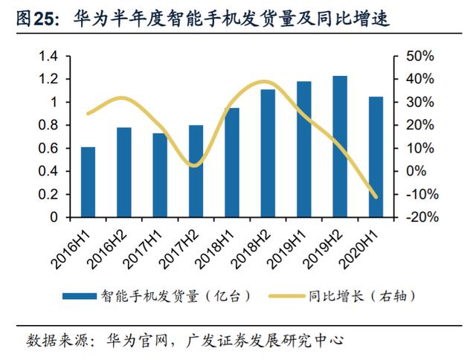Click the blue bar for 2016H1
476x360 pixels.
(x=88, y=182)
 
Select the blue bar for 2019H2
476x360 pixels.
(x=340, y=147)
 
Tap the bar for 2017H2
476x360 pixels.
(x=196, y=171)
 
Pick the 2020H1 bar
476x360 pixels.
(x=376, y=157)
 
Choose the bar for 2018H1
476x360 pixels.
(x=232, y=163)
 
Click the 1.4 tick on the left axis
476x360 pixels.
(x=48, y=56)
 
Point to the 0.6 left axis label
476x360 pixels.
(x=48, y=149)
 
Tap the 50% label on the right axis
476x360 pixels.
(x=419, y=56)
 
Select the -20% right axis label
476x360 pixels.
(x=422, y=217)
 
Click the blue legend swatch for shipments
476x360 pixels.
(x=80, y=296)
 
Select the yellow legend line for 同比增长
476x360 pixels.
(x=287, y=296)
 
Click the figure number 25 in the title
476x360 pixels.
(x=44, y=19)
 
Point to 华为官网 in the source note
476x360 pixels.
(x=137, y=341)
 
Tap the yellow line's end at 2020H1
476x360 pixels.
(x=376, y=197)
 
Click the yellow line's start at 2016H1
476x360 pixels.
(x=88, y=114)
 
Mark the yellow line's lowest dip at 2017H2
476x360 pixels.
(x=195, y=166)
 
